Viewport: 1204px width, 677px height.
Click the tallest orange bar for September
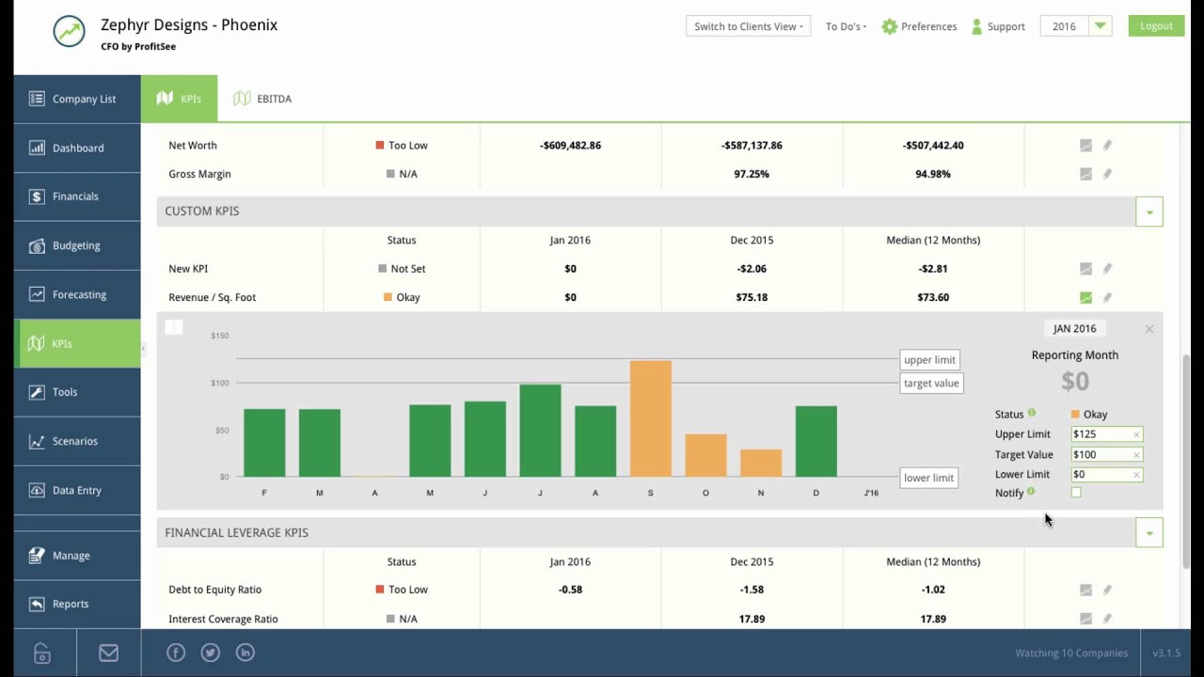(650, 418)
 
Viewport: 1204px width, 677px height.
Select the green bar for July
(540, 431)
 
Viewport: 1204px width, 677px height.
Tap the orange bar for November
(760, 463)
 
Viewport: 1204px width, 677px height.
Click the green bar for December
(816, 441)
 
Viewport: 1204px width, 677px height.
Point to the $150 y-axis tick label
(219, 336)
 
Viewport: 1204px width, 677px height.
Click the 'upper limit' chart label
(929, 360)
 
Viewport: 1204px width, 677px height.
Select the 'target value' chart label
(931, 383)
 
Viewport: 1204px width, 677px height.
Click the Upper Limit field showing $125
(1101, 434)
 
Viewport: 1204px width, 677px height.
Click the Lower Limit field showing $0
(1101, 475)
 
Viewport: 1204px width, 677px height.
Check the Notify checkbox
(1076, 493)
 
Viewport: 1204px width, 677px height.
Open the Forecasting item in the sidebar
(78, 294)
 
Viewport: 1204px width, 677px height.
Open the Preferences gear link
(919, 26)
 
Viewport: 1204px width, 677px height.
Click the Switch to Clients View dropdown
(748, 26)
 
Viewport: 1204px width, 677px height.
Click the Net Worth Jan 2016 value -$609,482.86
(570, 146)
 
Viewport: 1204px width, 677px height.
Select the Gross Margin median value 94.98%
(932, 174)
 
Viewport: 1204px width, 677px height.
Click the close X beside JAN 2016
(1149, 329)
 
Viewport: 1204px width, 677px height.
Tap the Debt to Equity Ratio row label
(214, 590)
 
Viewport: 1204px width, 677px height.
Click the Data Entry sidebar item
(77, 490)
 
